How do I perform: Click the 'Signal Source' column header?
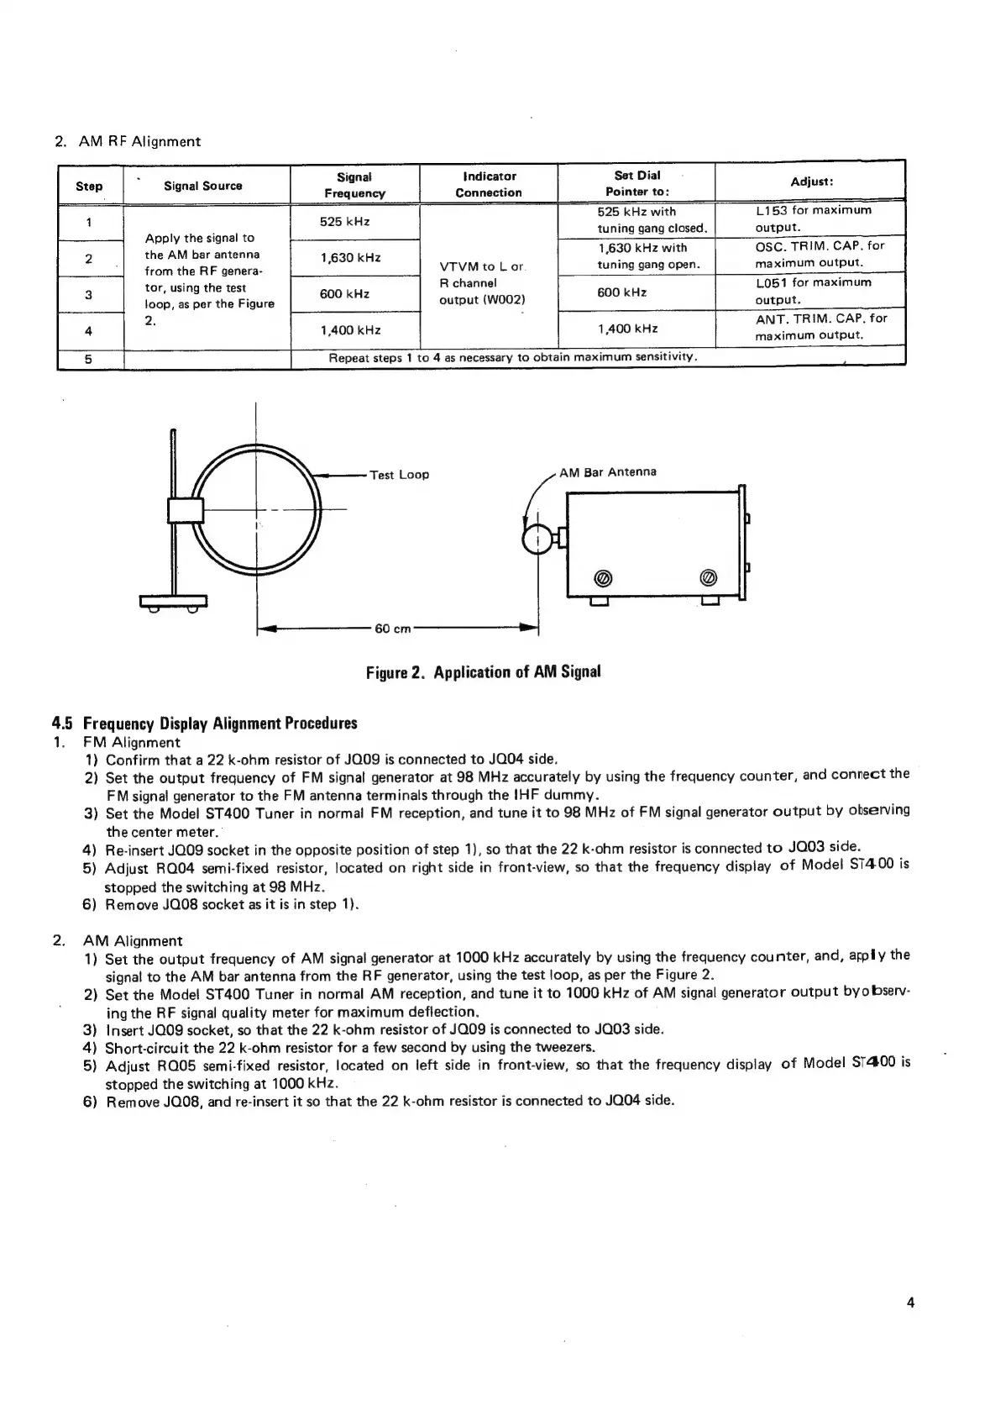[x=203, y=186]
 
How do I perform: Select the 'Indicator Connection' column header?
[x=489, y=184]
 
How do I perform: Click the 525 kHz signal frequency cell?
[x=344, y=222]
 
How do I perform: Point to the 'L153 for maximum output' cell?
[x=813, y=218]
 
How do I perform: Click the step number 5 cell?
[x=88, y=359]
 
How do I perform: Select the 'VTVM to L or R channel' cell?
[x=482, y=283]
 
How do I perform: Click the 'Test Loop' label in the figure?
[x=400, y=475]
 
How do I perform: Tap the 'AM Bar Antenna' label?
[x=608, y=471]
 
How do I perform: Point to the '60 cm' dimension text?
[x=393, y=629]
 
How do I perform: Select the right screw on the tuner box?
[x=707, y=578]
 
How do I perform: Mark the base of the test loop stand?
[x=173, y=601]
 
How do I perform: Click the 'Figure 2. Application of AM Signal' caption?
[x=483, y=671]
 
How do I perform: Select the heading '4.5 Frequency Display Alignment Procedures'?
[x=205, y=724]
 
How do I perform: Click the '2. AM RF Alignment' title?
[x=128, y=141]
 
